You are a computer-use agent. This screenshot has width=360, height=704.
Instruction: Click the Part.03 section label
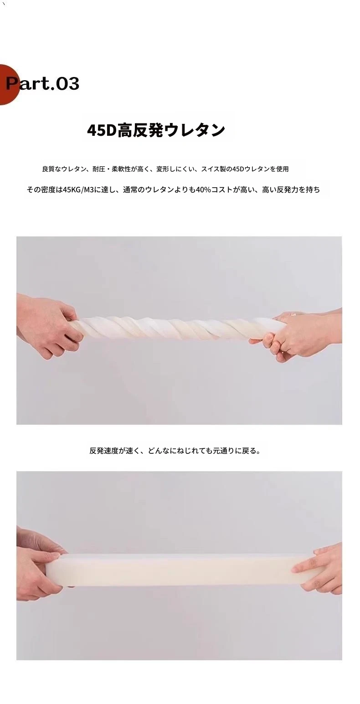pyautogui.click(x=42, y=84)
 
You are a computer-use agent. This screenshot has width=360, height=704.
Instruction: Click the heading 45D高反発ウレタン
pyautogui.click(x=156, y=130)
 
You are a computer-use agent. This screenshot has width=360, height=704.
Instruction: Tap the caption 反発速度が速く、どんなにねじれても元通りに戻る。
pyautogui.click(x=175, y=451)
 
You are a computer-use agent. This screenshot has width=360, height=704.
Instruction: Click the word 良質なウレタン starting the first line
pyautogui.click(x=64, y=169)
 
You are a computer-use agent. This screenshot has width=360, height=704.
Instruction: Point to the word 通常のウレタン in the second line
pyautogui.click(x=148, y=190)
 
